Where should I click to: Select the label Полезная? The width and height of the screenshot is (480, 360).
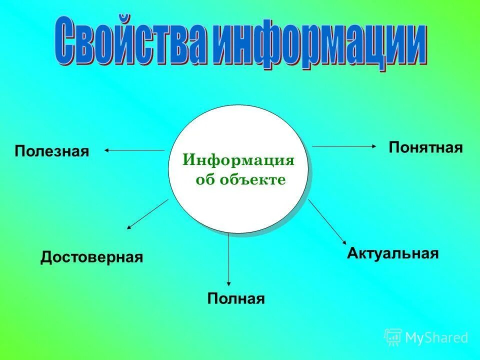(51, 151)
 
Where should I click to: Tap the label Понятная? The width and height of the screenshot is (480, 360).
(425, 147)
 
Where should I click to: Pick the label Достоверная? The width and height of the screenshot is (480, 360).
(91, 257)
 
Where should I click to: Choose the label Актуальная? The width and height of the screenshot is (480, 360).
(392, 253)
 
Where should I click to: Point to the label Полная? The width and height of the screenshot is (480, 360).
(235, 299)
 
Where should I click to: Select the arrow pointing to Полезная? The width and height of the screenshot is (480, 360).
(135, 150)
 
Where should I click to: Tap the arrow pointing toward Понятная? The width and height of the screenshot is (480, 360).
(344, 146)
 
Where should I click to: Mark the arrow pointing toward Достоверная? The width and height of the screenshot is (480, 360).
(147, 214)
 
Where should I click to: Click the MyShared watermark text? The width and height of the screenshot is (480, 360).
(436, 338)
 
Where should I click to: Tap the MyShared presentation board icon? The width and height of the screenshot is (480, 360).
(393, 337)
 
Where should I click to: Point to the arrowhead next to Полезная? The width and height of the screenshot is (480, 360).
(107, 150)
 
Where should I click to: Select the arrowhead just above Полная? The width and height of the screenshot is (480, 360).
(229, 283)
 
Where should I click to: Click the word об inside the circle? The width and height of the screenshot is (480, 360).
(204, 180)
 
